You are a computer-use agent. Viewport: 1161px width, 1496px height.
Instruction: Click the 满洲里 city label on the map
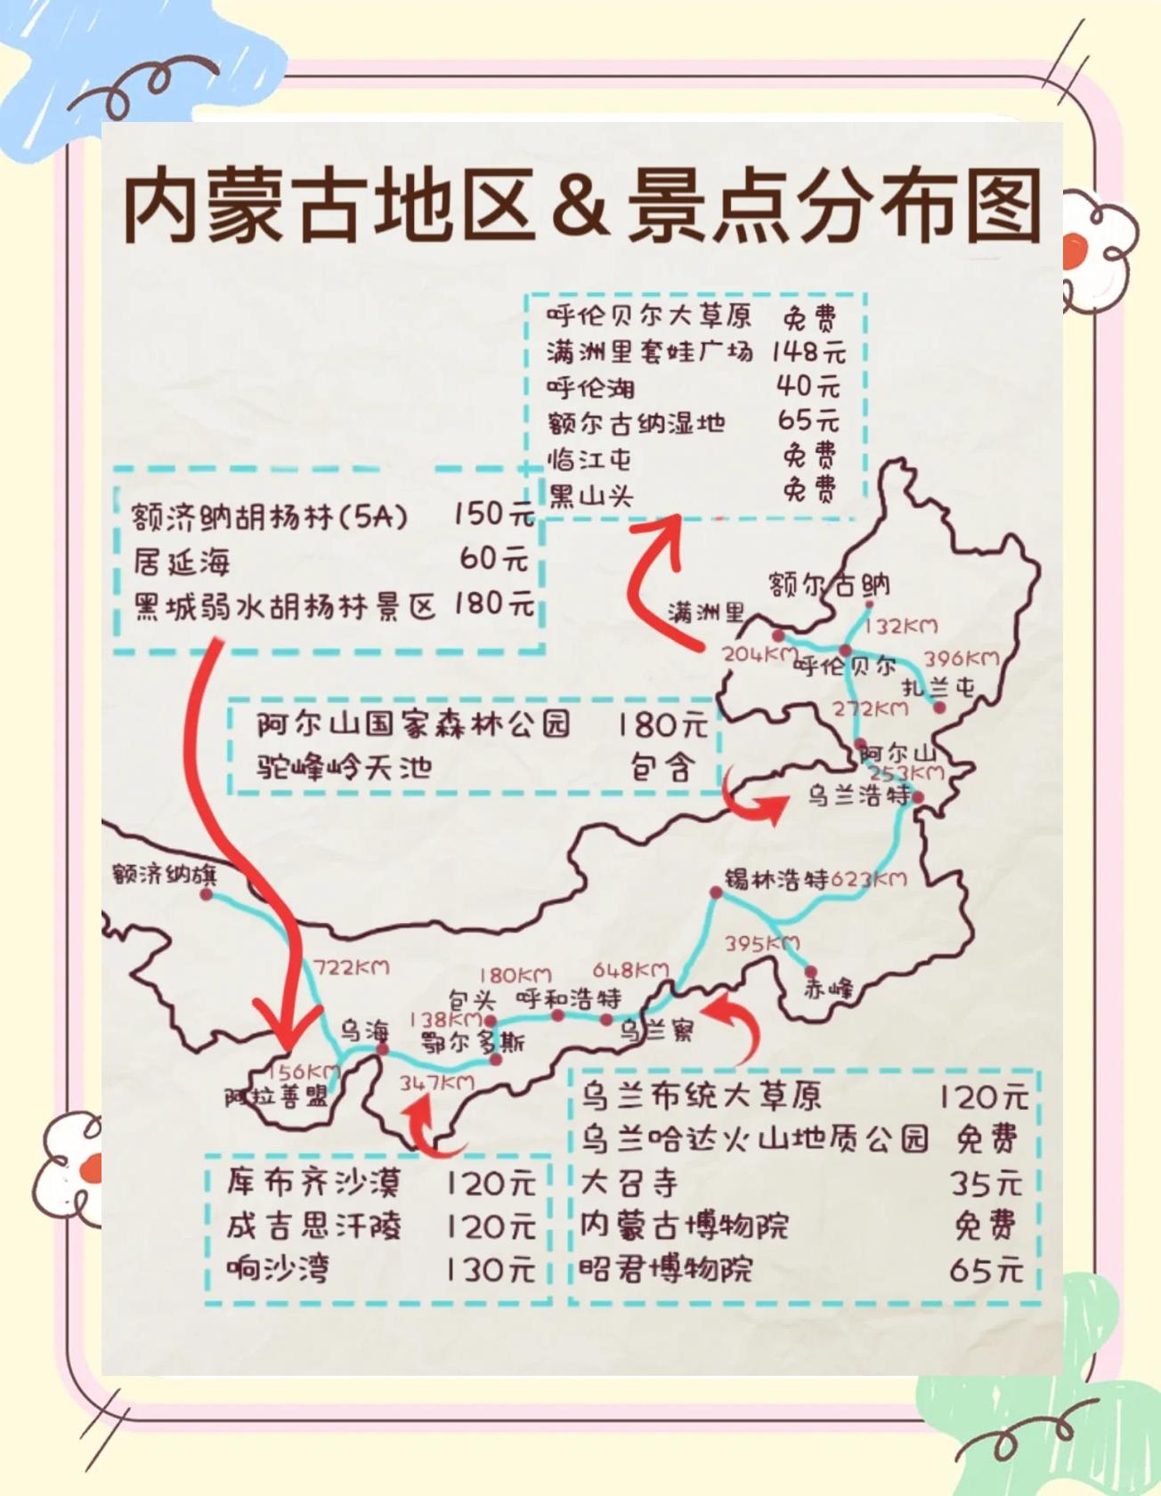706,612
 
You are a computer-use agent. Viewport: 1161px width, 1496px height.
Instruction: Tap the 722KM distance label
352,967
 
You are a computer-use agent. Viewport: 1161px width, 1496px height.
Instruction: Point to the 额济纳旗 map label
164,874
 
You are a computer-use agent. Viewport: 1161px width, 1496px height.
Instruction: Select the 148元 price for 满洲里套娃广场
808,352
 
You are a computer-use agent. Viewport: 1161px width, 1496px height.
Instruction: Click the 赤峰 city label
828,988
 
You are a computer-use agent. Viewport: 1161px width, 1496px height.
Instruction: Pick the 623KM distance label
869,879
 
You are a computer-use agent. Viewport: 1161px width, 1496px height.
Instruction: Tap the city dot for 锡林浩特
716,892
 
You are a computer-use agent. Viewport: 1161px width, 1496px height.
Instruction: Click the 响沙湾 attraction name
278,1268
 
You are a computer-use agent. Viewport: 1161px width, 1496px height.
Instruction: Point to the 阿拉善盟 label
276,1097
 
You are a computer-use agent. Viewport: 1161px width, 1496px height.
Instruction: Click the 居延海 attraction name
182,562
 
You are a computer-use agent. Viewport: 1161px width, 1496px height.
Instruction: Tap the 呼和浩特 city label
569,998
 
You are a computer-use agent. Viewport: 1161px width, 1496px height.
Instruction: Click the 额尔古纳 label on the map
829,585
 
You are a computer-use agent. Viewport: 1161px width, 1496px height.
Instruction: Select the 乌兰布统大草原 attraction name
702,1096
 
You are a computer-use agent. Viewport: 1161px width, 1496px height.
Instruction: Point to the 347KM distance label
436,1083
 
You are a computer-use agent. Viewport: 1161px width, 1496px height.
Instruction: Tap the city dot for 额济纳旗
207,894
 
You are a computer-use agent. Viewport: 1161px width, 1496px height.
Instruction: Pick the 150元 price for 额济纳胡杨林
493,514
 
